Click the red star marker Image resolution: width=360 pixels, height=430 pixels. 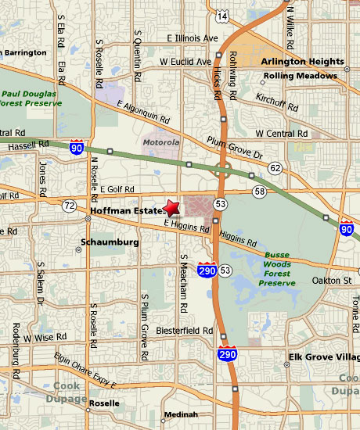click(x=172, y=207)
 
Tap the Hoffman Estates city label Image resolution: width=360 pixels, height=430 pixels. click(x=125, y=211)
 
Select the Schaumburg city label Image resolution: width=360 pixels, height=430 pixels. click(x=110, y=242)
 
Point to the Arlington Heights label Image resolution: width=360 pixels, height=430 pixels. click(x=302, y=61)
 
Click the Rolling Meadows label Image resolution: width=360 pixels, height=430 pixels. click(x=301, y=76)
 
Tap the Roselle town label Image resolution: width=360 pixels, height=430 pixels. click(x=104, y=403)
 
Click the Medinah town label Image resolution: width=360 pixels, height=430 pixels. click(x=179, y=414)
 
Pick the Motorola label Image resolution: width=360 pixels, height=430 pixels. click(x=160, y=143)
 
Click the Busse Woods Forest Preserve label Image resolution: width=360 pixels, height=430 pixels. click(x=278, y=269)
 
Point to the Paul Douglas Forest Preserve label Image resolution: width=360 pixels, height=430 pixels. click(x=31, y=95)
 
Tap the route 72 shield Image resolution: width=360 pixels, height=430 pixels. click(x=70, y=206)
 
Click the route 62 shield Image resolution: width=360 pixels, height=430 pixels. click(x=275, y=168)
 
